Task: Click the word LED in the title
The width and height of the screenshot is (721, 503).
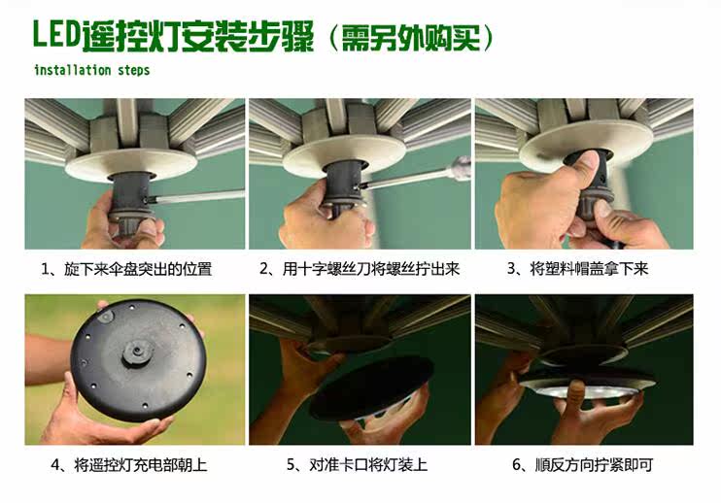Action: tap(57, 34)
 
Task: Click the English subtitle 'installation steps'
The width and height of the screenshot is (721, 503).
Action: tap(92, 70)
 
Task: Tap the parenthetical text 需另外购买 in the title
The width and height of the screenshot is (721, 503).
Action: tap(411, 38)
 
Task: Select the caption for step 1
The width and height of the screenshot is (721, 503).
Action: tap(126, 269)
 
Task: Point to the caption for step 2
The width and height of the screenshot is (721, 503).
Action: tap(360, 268)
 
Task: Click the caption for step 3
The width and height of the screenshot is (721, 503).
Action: tap(578, 268)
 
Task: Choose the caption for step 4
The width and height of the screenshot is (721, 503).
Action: tap(129, 465)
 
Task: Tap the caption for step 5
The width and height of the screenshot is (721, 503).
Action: tap(357, 464)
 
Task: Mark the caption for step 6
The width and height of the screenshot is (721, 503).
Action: tap(583, 464)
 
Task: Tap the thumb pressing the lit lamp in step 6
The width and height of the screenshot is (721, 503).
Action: tap(575, 395)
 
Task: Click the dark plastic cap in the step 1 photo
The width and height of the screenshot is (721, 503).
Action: tap(131, 202)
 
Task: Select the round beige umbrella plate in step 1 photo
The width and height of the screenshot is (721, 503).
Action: tap(131, 164)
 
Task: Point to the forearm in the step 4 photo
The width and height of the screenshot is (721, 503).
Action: tap(46, 360)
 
